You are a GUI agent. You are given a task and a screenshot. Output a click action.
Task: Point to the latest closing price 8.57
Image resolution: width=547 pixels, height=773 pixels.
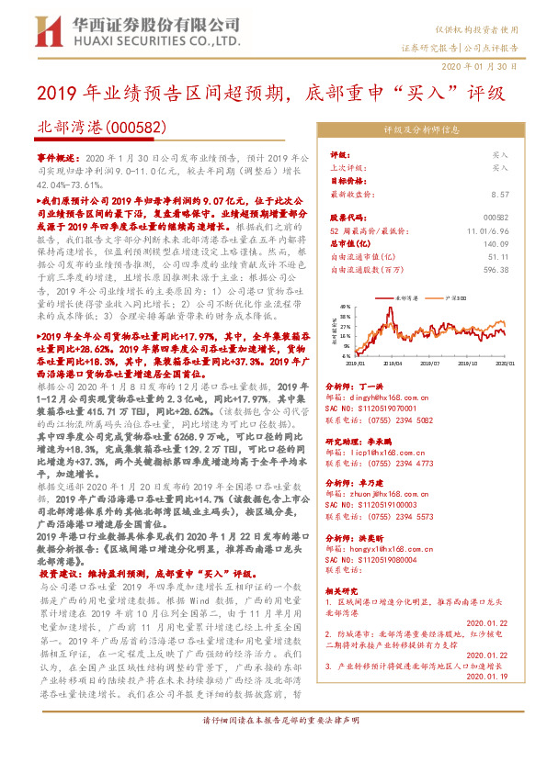(500, 195)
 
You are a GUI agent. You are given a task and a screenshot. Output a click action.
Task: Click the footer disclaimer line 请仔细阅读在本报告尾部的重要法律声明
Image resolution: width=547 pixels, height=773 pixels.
(273, 745)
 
